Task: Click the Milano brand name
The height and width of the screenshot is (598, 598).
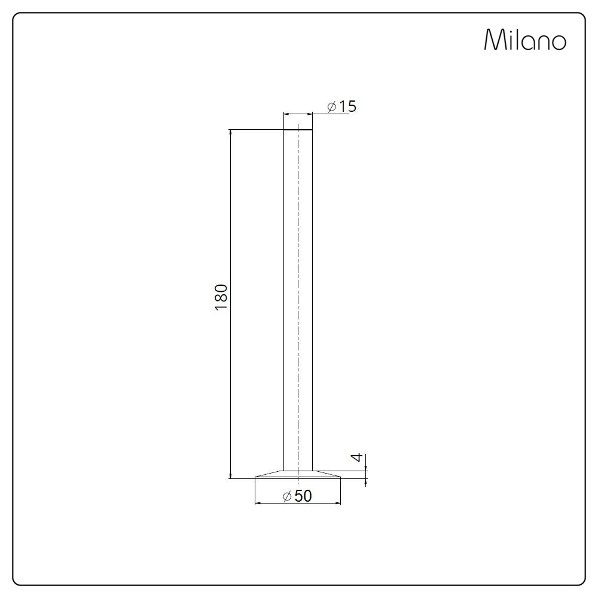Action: click(524, 41)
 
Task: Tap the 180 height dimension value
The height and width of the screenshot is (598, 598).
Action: click(221, 297)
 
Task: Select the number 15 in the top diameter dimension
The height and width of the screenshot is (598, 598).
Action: click(347, 106)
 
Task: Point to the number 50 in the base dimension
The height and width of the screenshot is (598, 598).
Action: click(303, 496)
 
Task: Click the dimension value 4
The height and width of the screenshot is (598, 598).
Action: click(357, 458)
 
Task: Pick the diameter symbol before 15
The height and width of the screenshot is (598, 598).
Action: click(332, 107)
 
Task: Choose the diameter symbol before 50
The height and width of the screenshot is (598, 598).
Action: click(287, 496)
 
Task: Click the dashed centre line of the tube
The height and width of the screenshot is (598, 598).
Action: click(298, 299)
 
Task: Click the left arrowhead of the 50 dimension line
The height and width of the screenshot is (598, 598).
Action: click(259, 504)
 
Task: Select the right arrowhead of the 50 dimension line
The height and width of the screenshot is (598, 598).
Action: click(337, 504)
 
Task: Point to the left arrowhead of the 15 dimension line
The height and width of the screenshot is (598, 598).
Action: click(286, 113)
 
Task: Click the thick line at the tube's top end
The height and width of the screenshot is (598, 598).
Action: click(298, 129)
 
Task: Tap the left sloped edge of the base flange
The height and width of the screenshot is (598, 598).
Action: click(269, 474)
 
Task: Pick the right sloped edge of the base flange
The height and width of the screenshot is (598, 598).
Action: click(327, 474)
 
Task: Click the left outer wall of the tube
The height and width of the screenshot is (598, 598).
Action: click(283, 299)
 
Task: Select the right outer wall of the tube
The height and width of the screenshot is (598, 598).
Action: click(312, 299)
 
